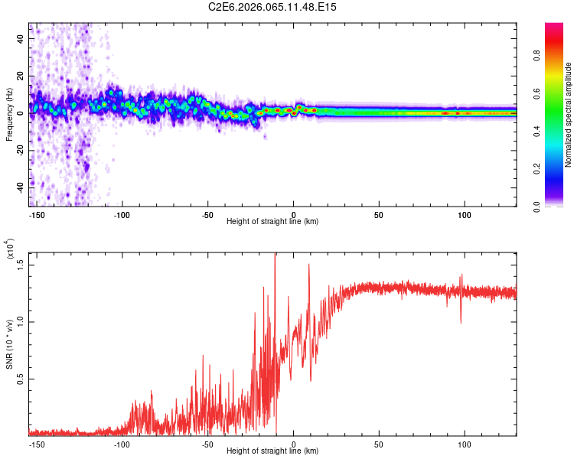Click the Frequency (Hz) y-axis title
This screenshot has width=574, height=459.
pyautogui.click(x=9, y=115)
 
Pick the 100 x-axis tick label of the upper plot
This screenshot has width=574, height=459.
pyautogui.click(x=465, y=214)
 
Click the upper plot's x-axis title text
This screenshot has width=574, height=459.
pyautogui.click(x=272, y=222)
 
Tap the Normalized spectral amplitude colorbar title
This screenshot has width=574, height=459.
pyautogui.click(x=569, y=115)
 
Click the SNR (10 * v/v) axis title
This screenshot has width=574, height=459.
pyautogui.click(x=9, y=344)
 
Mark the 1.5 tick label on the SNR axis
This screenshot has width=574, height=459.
pyautogui.click(x=21, y=264)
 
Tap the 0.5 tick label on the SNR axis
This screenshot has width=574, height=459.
pyautogui.click(x=21, y=379)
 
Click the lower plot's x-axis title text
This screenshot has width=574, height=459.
pyautogui.click(x=272, y=451)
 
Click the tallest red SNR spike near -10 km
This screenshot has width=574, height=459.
pyautogui.click(x=276, y=256)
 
